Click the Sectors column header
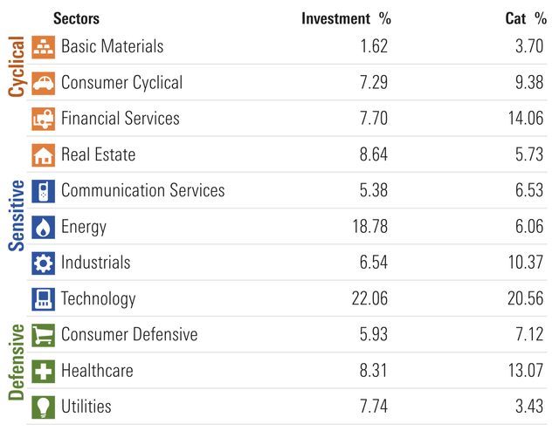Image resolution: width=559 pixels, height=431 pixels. (76, 18)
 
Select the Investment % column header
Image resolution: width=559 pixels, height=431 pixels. (346, 18)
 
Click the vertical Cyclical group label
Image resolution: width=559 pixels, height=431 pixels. (16, 66)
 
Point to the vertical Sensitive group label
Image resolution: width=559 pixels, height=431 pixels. (16, 215)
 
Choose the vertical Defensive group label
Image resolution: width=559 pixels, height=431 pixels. (16, 361)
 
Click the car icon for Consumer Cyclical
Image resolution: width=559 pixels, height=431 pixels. (43, 83)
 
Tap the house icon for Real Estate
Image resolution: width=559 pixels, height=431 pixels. (43, 155)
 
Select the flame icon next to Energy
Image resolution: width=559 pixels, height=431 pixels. (43, 227)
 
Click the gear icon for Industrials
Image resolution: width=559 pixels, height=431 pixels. (43, 263)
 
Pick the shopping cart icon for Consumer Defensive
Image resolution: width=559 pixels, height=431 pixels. (43, 335)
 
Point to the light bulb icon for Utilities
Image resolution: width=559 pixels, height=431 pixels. (43, 407)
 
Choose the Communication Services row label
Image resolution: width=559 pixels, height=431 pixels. (142, 191)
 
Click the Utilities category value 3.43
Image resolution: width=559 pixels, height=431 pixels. (529, 407)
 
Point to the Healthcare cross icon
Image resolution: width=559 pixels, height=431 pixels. (43, 371)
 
